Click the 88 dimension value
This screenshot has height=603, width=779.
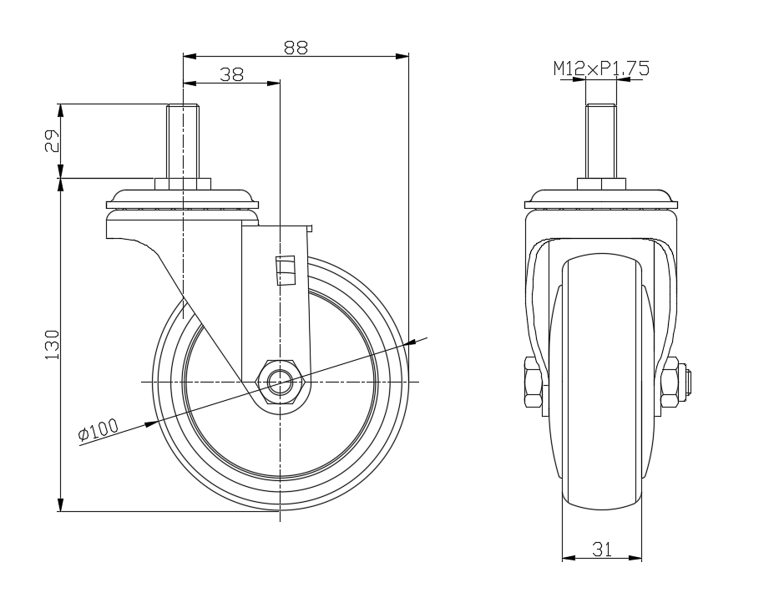click(x=296, y=48)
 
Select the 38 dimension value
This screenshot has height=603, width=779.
click(x=232, y=74)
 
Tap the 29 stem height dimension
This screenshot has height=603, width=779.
click(x=52, y=140)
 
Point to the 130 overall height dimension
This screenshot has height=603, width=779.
click(x=52, y=344)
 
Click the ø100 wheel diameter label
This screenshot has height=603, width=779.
click(x=99, y=429)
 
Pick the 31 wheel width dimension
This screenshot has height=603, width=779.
click(x=602, y=550)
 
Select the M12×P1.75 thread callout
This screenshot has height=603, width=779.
click(x=601, y=68)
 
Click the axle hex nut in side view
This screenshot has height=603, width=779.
click(x=281, y=382)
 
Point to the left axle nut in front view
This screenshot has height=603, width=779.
click(x=533, y=382)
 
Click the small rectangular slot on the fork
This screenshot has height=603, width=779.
click(x=286, y=271)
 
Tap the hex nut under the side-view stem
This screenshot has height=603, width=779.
click(x=184, y=184)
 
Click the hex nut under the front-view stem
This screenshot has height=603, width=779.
click(x=602, y=184)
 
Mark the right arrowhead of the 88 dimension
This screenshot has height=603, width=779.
click(x=402, y=56)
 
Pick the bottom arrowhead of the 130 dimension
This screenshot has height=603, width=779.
click(x=60, y=504)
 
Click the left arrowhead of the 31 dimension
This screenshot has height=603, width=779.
click(x=569, y=558)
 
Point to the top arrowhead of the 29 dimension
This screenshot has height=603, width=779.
click(x=60, y=110)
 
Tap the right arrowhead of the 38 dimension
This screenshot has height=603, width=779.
click(x=274, y=83)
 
